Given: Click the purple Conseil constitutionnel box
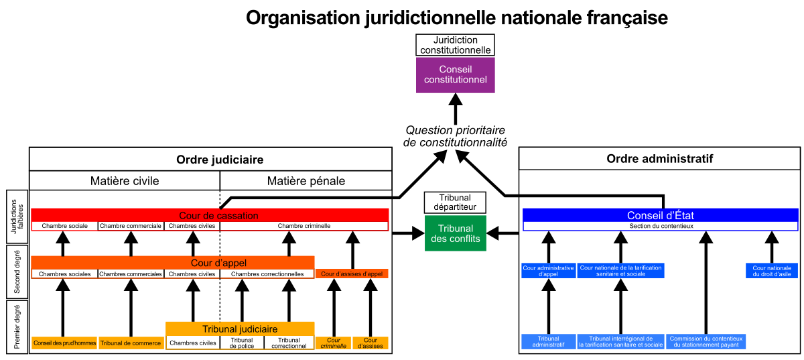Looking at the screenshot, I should (455, 74).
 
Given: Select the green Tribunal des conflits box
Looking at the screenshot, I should (455, 233).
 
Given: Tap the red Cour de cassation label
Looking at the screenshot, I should (218, 216).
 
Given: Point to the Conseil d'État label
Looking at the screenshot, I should (660, 216).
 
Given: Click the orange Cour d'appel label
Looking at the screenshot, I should (218, 263).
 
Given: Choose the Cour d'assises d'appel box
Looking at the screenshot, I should (352, 274).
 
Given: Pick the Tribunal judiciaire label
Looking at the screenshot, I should (240, 329).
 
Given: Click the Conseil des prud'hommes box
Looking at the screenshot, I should (64, 343).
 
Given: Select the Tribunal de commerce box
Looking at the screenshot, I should (131, 343).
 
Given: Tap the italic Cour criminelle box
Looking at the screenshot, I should (333, 343).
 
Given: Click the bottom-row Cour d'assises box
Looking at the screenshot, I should (371, 343).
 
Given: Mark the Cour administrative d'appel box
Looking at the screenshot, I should (548, 271).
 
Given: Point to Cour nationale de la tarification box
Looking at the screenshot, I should (620, 271).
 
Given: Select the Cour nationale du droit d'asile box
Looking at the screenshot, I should (771, 271).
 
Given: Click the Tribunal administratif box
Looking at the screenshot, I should (548, 342).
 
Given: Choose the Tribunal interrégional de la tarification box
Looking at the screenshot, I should (620, 342).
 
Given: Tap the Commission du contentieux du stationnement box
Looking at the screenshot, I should (706, 342).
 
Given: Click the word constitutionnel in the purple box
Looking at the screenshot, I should (455, 80).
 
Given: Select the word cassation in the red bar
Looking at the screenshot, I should (235, 216).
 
